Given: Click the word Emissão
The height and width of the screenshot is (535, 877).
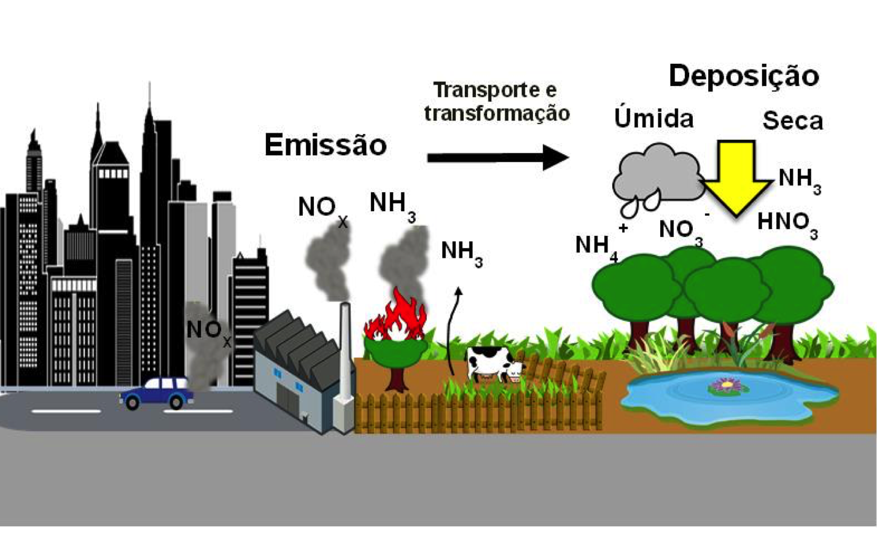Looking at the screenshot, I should point(325,145).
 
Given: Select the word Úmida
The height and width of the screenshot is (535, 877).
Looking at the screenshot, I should point(653,118).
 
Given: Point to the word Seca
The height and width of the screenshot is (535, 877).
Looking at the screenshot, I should point(792,120).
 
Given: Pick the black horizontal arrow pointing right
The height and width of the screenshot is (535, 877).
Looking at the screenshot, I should point(497,158).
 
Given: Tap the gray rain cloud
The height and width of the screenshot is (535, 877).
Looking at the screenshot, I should point(657,175).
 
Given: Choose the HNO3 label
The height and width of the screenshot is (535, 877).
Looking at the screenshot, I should point(787,223).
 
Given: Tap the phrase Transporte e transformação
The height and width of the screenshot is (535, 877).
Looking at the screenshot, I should point(496,101).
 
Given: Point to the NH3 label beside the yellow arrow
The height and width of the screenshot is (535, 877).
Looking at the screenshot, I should point(799,179).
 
